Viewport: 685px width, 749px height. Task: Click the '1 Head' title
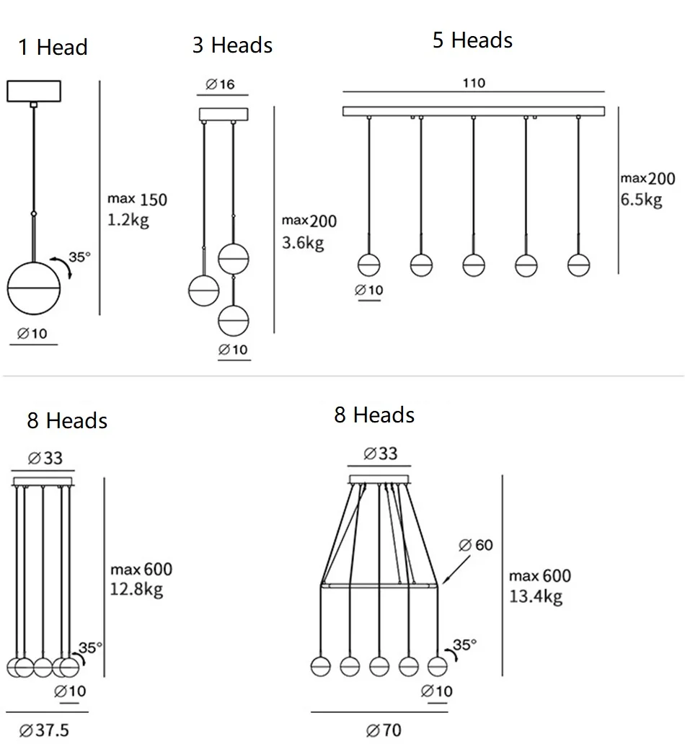pos(53,48)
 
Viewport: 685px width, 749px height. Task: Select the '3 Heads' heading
pos(232,45)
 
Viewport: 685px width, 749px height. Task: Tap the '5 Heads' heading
pos(472,40)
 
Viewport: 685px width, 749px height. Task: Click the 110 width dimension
pos(473,83)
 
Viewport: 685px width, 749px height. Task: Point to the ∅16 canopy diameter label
pos(221,84)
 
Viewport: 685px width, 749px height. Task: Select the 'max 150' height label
pos(137,199)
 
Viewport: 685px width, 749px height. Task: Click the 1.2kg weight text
pos(128,220)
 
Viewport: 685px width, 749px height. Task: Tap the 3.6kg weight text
pos(303,243)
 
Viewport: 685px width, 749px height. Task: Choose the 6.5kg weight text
pos(641,200)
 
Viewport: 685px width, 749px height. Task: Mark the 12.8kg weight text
pos(136,589)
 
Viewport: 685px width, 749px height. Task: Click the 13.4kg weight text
pos(535,595)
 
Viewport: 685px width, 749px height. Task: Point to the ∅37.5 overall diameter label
pos(45,730)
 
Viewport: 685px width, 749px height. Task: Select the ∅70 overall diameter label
pos(384,730)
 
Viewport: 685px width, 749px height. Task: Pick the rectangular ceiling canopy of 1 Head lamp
pos(34,92)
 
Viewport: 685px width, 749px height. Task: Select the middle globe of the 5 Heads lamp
pos(473,265)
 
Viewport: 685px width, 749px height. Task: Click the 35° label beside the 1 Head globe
pos(80,257)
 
